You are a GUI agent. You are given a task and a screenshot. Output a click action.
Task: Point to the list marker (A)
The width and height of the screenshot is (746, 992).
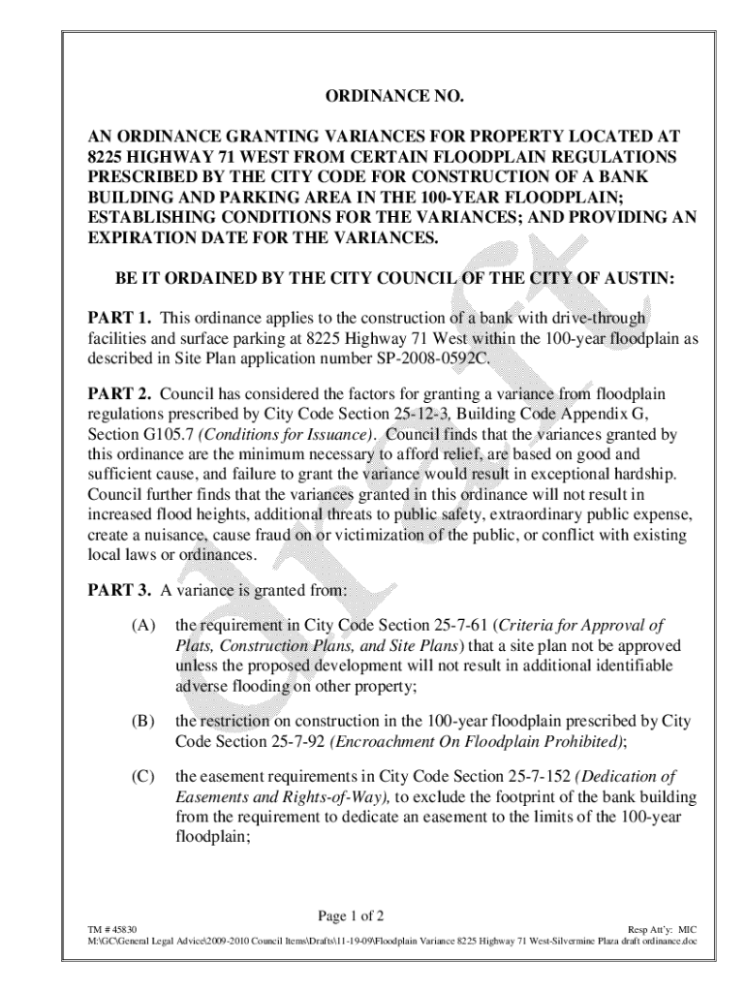coord(144,626)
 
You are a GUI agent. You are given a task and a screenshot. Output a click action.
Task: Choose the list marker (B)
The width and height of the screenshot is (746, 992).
coord(144,722)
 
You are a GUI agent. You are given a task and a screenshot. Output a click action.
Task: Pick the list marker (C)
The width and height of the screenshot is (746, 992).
coord(144,778)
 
